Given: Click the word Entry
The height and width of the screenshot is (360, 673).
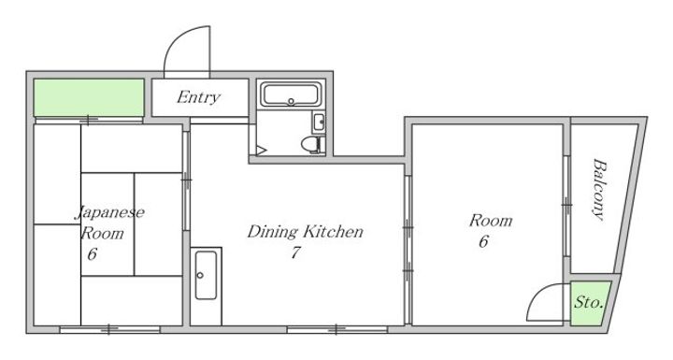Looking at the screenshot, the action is pyautogui.click(x=199, y=97).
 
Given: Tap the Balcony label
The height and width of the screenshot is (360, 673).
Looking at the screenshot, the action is pyautogui.click(x=599, y=190).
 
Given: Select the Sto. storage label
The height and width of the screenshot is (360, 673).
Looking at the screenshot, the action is pyautogui.click(x=589, y=302).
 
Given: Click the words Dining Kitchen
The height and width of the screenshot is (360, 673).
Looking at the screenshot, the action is pyautogui.click(x=305, y=232).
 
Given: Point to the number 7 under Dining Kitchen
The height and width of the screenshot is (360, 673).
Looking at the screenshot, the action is pyautogui.click(x=294, y=252).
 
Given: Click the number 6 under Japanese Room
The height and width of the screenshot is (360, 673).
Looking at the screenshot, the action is pyautogui.click(x=92, y=254).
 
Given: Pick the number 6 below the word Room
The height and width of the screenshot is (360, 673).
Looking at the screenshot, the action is pyautogui.click(x=483, y=241).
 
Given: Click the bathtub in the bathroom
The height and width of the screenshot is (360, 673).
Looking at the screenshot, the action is pyautogui.click(x=291, y=94).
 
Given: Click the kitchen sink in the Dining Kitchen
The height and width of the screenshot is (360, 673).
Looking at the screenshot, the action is pyautogui.click(x=206, y=275).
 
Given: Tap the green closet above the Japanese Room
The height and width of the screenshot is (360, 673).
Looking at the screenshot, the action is pyautogui.click(x=89, y=97).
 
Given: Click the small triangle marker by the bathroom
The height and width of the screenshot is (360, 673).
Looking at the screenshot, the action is pyautogui.click(x=262, y=151).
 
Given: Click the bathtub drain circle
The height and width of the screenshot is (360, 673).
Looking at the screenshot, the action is pyautogui.click(x=291, y=102).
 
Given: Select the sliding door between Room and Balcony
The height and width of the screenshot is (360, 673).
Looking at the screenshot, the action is pyautogui.click(x=566, y=206).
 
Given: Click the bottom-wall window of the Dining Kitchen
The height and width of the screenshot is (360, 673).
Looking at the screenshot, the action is pyautogui.click(x=337, y=329).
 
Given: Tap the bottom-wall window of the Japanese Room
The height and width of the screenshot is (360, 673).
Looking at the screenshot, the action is pyautogui.click(x=109, y=329).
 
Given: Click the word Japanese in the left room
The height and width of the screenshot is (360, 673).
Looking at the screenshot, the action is pyautogui.click(x=110, y=212).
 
